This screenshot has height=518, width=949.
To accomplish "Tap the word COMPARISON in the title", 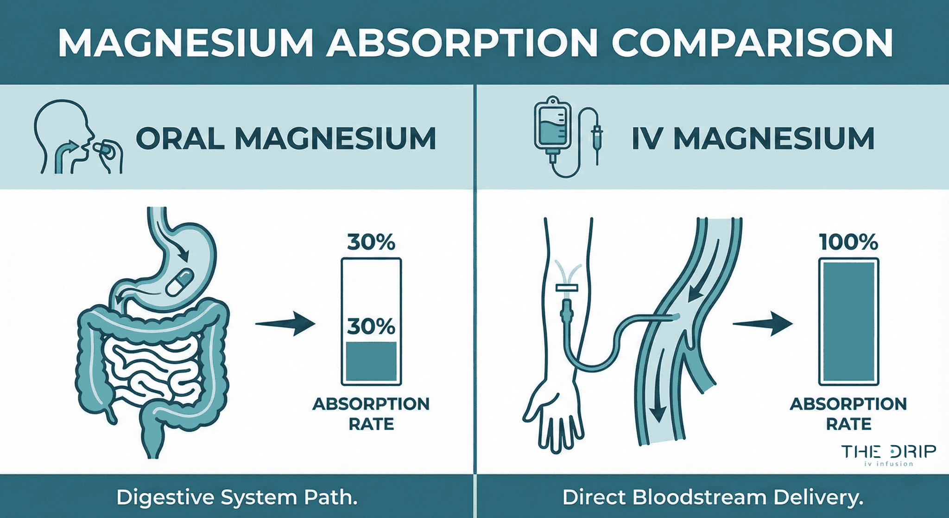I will click(752, 43).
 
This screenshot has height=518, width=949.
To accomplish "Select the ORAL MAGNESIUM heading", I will click(286, 138).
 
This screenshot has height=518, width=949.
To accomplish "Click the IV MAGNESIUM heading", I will click(753, 138).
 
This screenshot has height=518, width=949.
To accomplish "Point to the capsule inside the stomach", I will click(180, 281).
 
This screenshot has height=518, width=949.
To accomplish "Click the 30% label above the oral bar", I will click(371, 242).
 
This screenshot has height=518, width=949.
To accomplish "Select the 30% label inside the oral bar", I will click(371, 326).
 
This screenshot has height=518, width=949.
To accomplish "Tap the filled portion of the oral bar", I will click(371, 362).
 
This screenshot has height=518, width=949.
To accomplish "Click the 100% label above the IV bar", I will click(848, 242).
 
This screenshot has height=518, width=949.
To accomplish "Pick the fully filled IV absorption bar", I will click(848, 322).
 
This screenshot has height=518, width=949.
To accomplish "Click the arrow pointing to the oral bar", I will click(285, 323).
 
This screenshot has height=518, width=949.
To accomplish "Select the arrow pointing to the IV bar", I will click(762, 323).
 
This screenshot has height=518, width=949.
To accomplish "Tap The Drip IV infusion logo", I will click(888, 454).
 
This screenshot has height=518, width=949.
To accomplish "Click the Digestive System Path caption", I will click(237, 498).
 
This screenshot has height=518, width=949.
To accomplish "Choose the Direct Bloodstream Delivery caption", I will click(713, 498).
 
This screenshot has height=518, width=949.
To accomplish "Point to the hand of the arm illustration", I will click(554, 417).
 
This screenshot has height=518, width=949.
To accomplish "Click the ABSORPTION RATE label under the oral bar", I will click(371, 414).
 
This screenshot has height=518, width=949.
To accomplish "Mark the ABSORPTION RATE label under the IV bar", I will click(848, 414).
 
